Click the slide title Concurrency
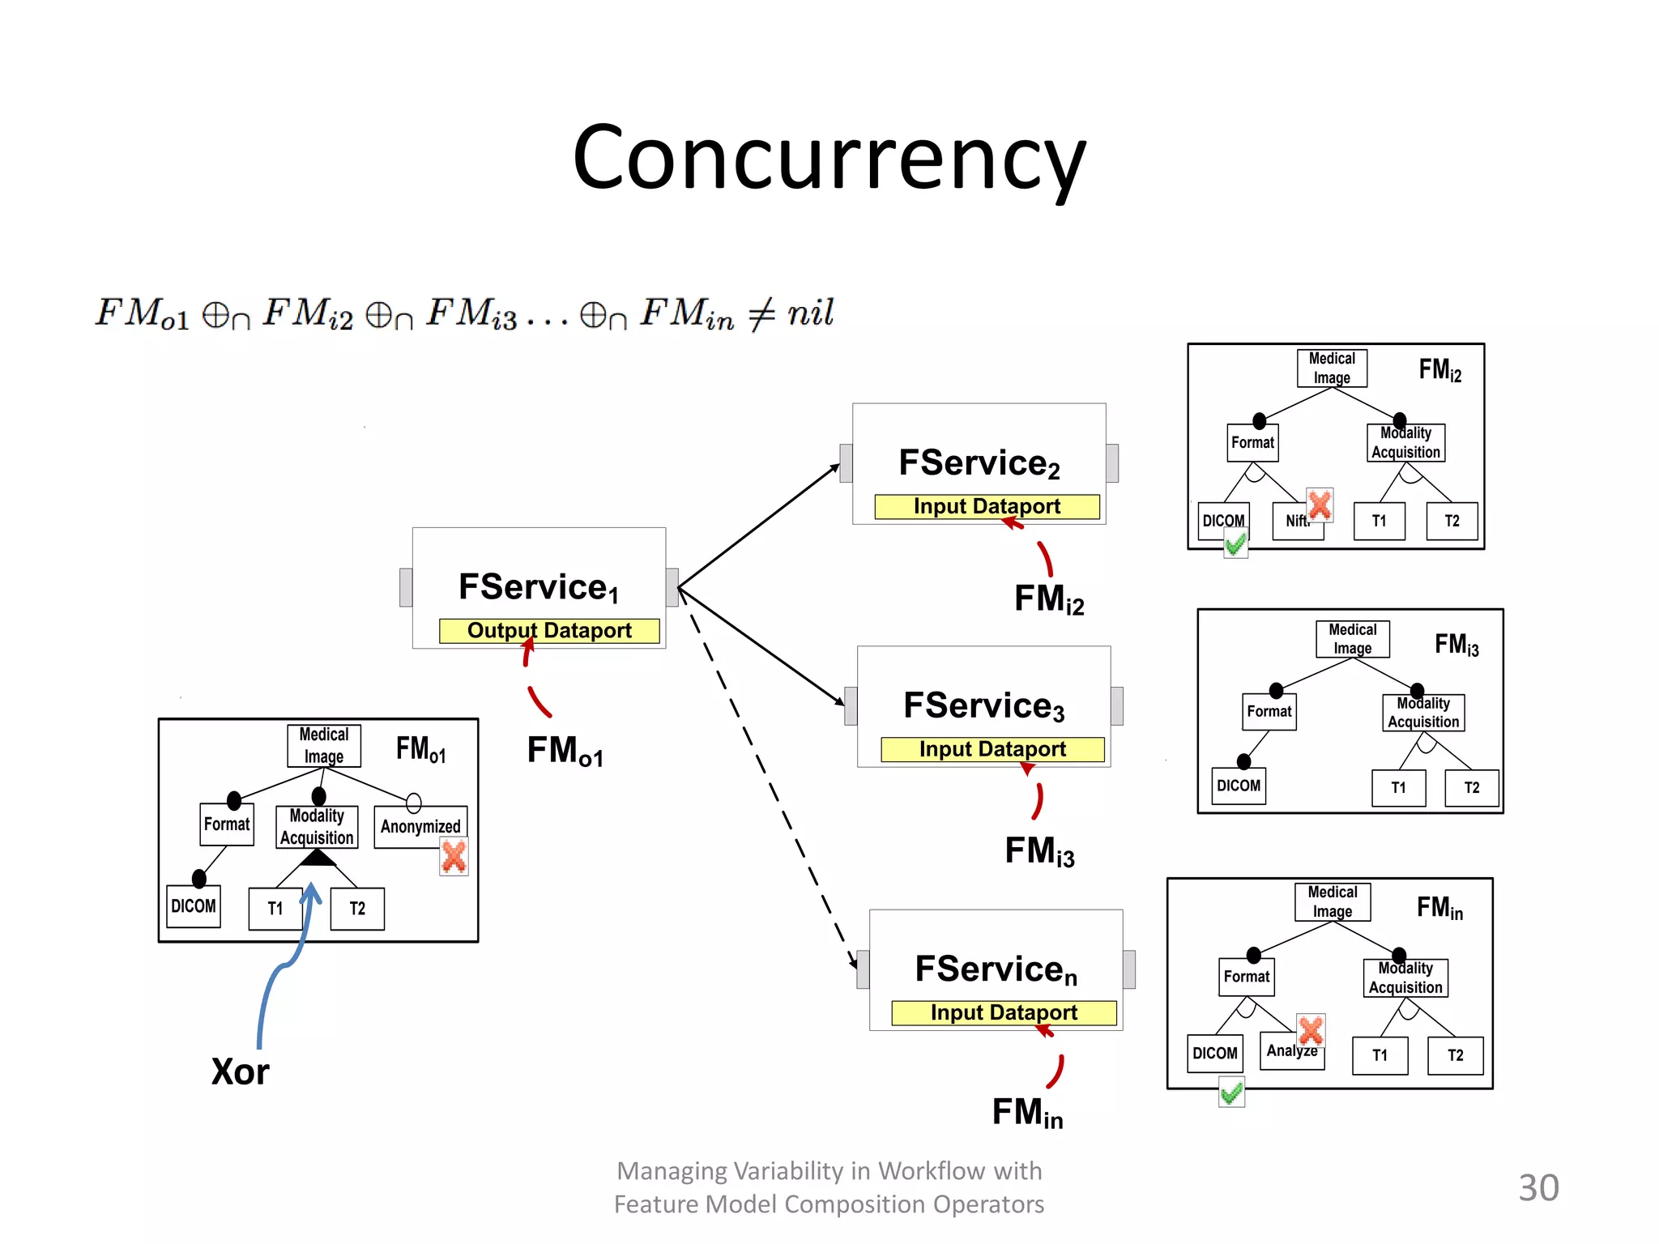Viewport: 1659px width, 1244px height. click(x=829, y=158)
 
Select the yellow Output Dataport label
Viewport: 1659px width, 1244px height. click(x=549, y=631)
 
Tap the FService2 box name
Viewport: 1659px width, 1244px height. click(x=979, y=463)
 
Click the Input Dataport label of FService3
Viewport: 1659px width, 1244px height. click(x=992, y=749)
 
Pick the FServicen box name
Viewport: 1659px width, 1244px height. click(x=996, y=969)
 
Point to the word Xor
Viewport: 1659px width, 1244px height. click(x=240, y=1071)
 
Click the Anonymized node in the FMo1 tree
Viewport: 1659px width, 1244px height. click(x=420, y=826)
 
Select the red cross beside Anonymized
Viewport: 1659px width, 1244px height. click(x=454, y=857)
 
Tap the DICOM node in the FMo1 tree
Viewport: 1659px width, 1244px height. click(x=194, y=906)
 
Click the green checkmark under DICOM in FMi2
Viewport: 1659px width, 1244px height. click(x=1235, y=544)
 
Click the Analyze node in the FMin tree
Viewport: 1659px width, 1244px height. click(x=1290, y=1051)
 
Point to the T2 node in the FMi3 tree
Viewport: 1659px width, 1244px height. click(x=1471, y=788)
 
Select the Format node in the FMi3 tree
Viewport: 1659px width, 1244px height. click(x=1269, y=712)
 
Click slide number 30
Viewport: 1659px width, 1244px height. click(x=1537, y=1188)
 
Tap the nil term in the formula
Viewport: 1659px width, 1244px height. click(x=810, y=313)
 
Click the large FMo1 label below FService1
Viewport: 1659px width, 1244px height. click(x=565, y=751)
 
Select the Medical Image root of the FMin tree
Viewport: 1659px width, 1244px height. click(x=1332, y=901)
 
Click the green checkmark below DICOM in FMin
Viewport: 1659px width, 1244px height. click(x=1231, y=1093)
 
